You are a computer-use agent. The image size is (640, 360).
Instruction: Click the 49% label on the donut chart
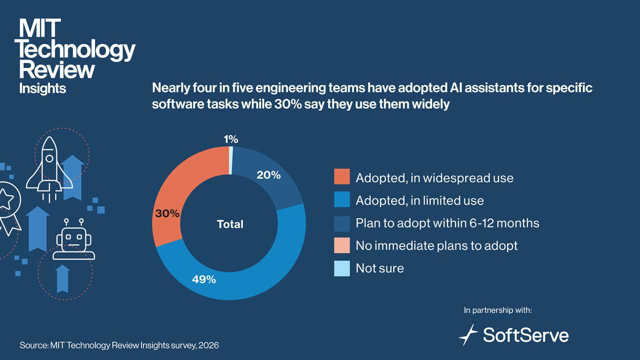point(204,279)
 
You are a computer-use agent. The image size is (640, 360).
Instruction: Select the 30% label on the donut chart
point(166,213)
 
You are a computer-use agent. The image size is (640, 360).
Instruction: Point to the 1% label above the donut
point(230,140)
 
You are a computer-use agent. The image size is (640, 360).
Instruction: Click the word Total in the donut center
point(230,224)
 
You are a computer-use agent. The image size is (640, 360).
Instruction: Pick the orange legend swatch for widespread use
point(342,177)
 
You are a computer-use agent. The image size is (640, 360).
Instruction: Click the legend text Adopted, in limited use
point(419,200)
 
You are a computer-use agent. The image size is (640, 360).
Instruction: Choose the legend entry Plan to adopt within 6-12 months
point(447,223)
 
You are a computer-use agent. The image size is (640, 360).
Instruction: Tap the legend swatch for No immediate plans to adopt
point(342,245)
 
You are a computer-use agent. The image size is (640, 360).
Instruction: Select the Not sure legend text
point(379,268)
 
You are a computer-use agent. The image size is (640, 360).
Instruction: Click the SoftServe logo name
point(525,334)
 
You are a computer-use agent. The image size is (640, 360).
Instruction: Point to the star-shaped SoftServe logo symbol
point(468,334)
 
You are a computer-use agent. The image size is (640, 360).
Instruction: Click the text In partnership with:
point(497,310)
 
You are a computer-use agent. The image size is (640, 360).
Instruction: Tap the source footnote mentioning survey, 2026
point(119,345)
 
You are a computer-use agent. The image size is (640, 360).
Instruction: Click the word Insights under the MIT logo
point(42,88)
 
